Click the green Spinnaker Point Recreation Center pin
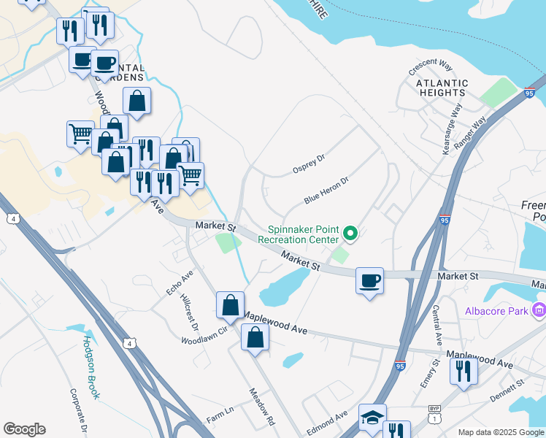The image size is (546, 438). (350, 234)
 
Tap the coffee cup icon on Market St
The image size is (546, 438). (370, 280)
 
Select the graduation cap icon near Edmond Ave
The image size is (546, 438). (372, 418)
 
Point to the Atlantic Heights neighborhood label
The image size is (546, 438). (441, 88)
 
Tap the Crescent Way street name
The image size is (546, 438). (431, 67)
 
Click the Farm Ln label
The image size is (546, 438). (220, 415)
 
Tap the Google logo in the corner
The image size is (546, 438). (24, 429)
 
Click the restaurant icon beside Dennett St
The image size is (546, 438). (464, 371)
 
